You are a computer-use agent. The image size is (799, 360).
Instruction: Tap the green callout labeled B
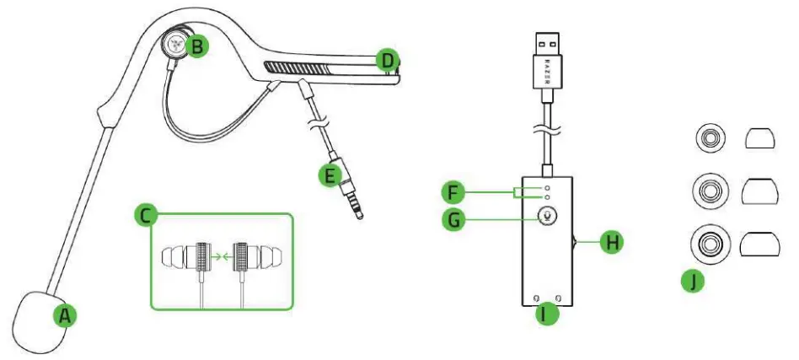[196, 47]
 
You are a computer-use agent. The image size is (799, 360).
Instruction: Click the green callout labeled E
[326, 176]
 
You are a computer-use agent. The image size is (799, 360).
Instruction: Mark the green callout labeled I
[547, 314]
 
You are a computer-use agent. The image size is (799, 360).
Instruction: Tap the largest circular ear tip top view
[708, 245]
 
